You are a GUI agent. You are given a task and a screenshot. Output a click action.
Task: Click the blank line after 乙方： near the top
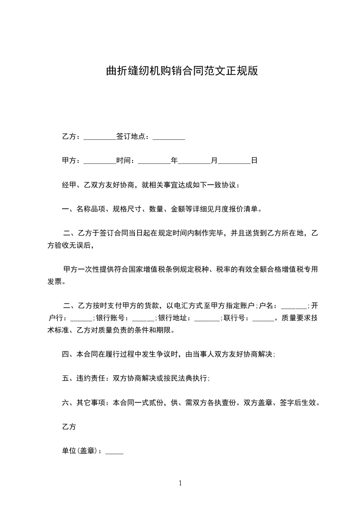pyautogui.click(x=100, y=137)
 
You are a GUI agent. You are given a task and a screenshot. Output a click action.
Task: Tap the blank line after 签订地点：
pyautogui.click(x=168, y=137)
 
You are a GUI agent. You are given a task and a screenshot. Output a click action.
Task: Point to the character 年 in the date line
pyautogui.click(x=174, y=161)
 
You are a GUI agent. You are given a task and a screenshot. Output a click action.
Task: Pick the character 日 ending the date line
pyautogui.click(x=254, y=161)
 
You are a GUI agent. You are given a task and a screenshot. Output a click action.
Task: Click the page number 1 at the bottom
pyautogui.click(x=180, y=483)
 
